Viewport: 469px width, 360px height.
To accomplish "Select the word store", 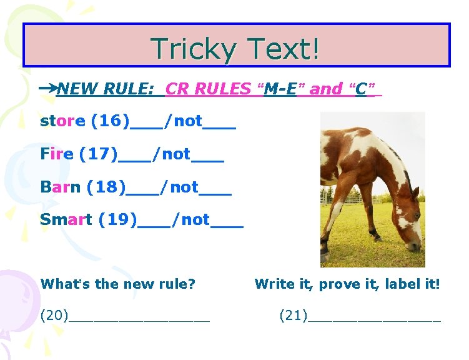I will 62,121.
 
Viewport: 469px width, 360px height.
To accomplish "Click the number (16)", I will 110,121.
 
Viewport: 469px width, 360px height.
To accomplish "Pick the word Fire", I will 57,154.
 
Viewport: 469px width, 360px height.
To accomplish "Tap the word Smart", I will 66,219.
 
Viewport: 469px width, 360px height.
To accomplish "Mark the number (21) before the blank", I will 293,315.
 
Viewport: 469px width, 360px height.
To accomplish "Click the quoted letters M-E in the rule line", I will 280,89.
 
